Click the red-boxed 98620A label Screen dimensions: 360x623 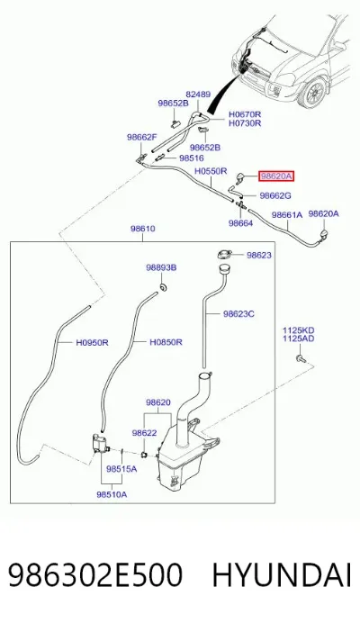click(276, 176)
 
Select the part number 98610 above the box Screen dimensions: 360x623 click(143, 229)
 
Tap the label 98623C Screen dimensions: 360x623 click(238, 314)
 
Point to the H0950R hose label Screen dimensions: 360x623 click(92, 342)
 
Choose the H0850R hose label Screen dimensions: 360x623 click(166, 342)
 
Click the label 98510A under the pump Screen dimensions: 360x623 click(112, 494)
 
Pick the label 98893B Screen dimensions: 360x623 click(161, 267)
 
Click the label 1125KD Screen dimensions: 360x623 click(299, 330)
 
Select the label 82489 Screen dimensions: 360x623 click(198, 95)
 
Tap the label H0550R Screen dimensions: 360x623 click(211, 171)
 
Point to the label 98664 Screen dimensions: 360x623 click(241, 223)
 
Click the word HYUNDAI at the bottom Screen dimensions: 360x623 click(282, 575)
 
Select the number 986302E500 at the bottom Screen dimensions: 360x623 click(95, 575)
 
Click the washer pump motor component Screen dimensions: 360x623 click(99, 444)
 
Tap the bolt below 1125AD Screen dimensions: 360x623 click(300, 359)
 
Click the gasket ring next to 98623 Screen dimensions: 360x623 click(224, 254)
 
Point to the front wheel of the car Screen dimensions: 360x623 click(314, 93)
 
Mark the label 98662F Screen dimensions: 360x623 click(142, 138)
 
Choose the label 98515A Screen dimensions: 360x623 click(121, 469)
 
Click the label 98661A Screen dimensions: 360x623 click(287, 215)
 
